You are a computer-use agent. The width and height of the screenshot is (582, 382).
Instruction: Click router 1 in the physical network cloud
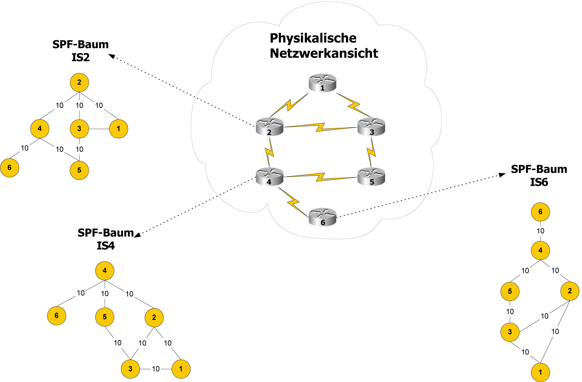coord(322,83)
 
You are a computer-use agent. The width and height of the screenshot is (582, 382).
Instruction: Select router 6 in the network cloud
coord(322,217)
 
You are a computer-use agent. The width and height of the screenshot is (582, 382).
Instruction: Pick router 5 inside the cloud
coord(371,177)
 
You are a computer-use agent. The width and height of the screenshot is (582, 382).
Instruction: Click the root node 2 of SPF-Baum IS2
coord(79,82)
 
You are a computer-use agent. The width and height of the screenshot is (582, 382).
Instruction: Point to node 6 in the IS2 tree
coord(9,168)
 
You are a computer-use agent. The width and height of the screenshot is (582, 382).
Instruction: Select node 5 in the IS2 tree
coord(79,170)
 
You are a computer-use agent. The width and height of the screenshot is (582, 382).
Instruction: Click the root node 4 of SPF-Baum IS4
coord(105,271)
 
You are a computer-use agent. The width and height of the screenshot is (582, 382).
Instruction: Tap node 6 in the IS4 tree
coord(57,315)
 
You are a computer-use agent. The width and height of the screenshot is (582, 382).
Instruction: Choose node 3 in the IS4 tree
coord(130,369)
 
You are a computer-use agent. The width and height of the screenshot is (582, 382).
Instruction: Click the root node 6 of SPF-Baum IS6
coord(540,212)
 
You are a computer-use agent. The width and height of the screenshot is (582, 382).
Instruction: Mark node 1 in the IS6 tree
coord(540,372)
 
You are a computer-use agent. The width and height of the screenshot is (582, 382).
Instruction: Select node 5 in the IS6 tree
coord(510,291)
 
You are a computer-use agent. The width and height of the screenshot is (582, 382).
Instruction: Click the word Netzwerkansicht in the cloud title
coord(324,53)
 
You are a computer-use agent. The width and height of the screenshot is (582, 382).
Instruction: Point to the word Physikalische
coord(313,38)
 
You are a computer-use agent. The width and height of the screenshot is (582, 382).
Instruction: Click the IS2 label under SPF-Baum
coord(81,58)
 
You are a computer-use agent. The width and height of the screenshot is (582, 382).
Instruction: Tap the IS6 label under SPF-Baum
coord(539,182)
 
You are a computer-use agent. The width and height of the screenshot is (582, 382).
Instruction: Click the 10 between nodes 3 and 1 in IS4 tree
coord(156,369)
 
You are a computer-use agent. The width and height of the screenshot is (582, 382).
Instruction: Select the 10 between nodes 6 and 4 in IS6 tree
coord(540,231)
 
